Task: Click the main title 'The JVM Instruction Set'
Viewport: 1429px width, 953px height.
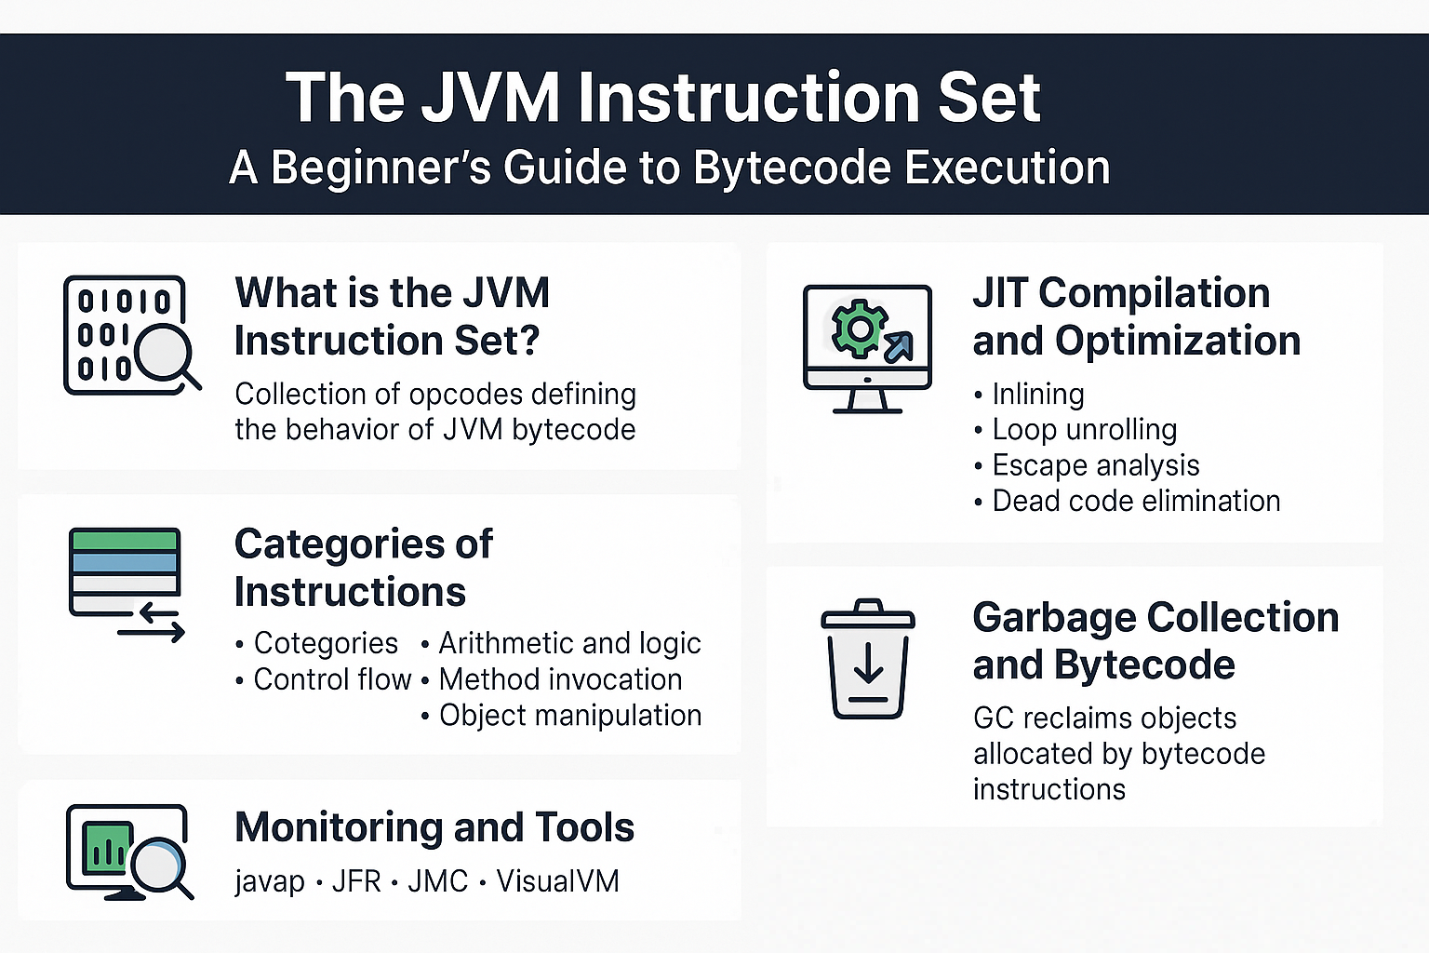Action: click(662, 98)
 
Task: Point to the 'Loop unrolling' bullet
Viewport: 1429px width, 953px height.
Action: click(1084, 430)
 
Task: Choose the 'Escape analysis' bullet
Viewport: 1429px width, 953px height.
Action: click(1095, 465)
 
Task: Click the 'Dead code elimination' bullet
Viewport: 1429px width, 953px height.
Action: click(1135, 501)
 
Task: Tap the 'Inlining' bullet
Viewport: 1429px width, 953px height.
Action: click(1037, 395)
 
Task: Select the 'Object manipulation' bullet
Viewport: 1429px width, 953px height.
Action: click(569, 716)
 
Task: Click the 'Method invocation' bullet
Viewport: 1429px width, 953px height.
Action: click(560, 679)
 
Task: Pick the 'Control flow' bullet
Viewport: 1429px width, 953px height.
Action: click(332, 679)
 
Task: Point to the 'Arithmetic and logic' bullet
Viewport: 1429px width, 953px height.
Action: click(569, 643)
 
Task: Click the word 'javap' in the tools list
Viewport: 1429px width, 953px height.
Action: click(270, 881)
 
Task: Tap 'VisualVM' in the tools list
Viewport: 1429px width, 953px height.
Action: click(557, 881)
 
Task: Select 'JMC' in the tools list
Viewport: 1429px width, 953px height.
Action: click(437, 881)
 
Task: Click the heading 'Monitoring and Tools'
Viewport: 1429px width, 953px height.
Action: click(434, 827)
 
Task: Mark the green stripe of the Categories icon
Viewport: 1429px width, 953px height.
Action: click(124, 540)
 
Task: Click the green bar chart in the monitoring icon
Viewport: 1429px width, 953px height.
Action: click(105, 847)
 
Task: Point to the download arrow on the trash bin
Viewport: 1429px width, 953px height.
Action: click(868, 666)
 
